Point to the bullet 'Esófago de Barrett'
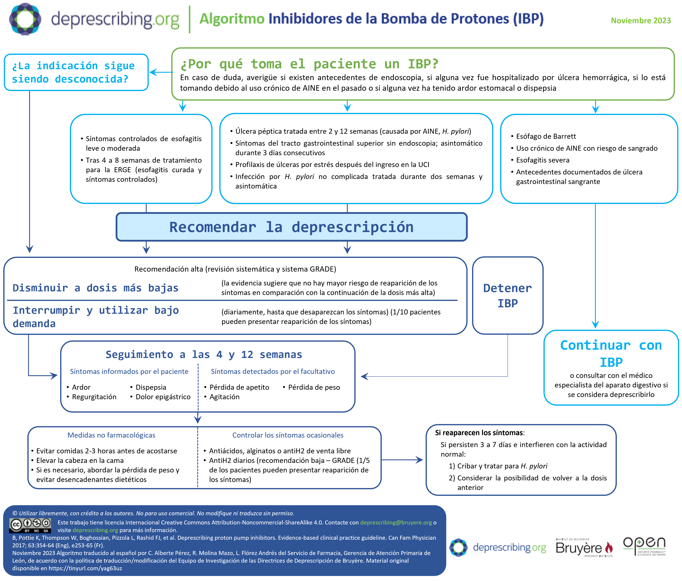[546, 136]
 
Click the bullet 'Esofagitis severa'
[542, 160]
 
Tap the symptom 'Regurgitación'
[94, 397]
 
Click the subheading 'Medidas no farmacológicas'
[111, 435]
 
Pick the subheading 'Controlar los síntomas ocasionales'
[288, 435]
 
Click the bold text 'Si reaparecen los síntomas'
[479, 433]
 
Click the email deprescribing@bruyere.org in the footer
[396, 522]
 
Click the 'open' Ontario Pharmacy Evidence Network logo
[644, 546]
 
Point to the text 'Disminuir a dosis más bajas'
[96, 288]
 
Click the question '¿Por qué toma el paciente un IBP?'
[309, 64]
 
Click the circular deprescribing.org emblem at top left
[25, 19]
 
